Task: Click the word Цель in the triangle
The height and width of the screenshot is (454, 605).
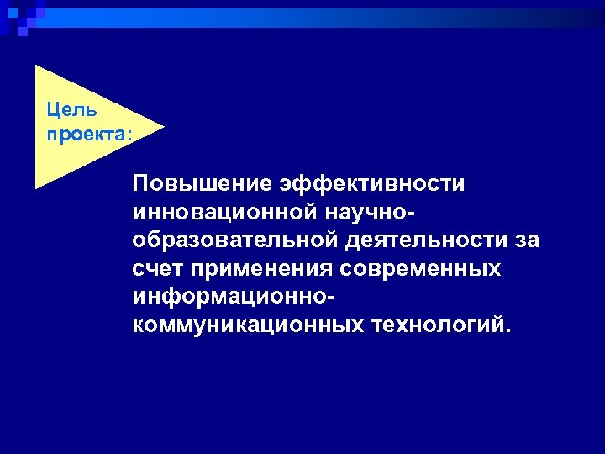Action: tap(71, 109)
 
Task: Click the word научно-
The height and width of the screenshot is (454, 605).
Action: tap(381, 212)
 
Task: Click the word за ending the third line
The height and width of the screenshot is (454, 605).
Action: tap(527, 240)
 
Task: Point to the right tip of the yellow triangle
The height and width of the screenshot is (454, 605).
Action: tap(163, 127)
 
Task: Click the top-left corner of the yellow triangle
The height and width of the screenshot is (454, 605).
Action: tap(36, 66)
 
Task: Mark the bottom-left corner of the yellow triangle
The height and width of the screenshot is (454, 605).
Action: tap(36, 187)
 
